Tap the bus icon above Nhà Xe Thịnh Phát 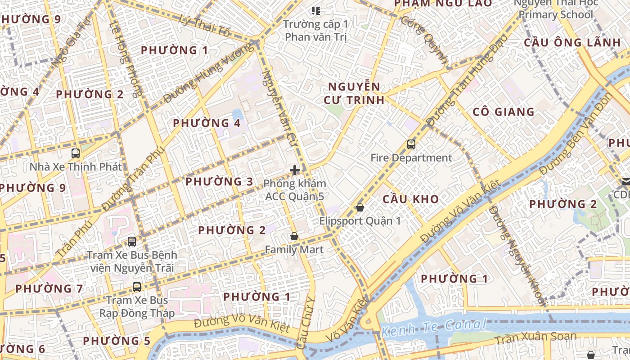(x=76, y=153)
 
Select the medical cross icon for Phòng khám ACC (x=295, y=170)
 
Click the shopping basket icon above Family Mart (x=294, y=236)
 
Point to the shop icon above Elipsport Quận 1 (x=360, y=207)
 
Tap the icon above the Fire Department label (x=411, y=144)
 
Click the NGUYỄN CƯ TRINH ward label (x=354, y=93)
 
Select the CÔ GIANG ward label (x=504, y=112)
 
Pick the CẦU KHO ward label (x=410, y=199)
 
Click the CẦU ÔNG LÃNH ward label (x=572, y=43)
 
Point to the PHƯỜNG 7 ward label (x=49, y=288)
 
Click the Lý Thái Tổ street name (x=204, y=26)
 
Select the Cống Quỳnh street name (x=424, y=40)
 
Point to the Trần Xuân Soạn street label (x=535, y=337)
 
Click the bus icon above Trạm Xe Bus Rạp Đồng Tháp (x=137, y=287)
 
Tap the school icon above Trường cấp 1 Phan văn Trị (x=316, y=10)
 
